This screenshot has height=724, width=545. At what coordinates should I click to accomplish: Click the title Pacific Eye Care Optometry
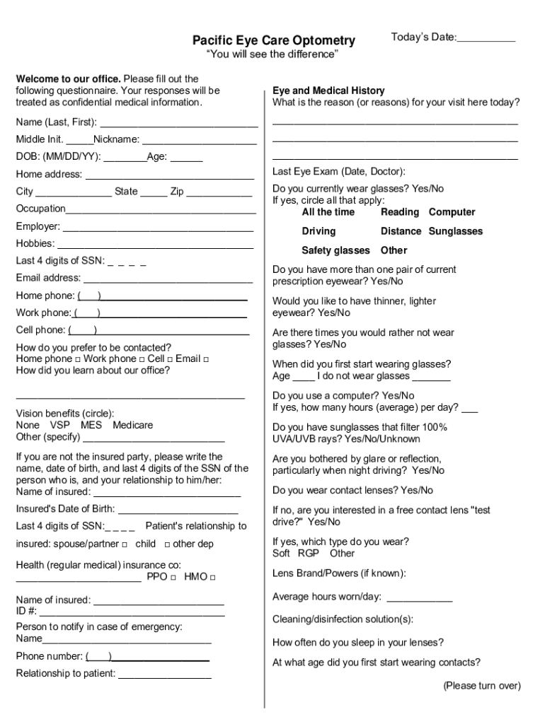[x=274, y=41]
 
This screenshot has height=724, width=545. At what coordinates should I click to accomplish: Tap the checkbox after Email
[x=206, y=359]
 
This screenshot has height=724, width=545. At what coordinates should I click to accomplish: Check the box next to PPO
[x=173, y=577]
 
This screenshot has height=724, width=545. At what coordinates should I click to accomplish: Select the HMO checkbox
[x=212, y=577]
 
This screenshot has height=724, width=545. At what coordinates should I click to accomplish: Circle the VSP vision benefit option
[x=59, y=425]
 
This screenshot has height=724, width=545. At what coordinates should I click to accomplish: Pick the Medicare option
[x=132, y=425]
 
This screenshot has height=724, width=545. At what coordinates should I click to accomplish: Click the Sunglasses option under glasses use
[x=456, y=231]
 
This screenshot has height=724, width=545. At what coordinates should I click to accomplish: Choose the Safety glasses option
[x=335, y=250]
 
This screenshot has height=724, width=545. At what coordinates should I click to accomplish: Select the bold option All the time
[x=328, y=212]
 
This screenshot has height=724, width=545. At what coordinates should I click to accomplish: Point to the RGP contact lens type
[x=309, y=553]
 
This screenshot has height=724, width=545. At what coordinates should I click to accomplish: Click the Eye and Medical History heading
[x=328, y=90]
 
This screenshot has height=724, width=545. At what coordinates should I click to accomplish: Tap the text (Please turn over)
[x=482, y=686]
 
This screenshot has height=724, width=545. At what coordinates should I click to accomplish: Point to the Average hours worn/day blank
[x=419, y=598]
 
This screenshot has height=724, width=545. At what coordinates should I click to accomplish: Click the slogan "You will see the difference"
[x=272, y=55]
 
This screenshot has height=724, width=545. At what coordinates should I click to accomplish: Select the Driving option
[x=319, y=231]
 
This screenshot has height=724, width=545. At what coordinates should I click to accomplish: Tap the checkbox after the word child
[x=167, y=544]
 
